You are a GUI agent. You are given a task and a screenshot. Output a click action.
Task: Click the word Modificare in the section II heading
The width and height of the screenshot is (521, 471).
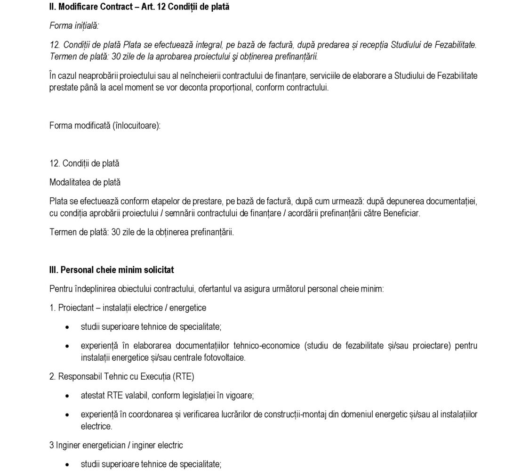click(78, 8)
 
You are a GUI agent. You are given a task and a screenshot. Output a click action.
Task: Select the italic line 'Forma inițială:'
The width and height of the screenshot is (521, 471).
click(74, 26)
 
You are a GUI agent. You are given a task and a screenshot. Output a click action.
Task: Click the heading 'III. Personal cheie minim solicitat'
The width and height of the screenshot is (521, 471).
click(112, 270)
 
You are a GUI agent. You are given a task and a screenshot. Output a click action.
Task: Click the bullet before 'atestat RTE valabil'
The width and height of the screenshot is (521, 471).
click(68, 396)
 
